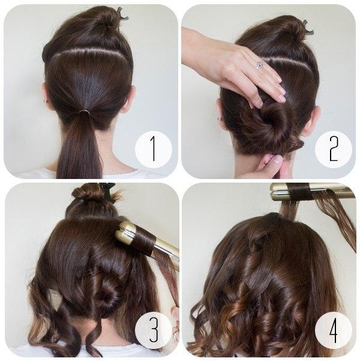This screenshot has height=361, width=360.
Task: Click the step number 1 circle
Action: point(154,149)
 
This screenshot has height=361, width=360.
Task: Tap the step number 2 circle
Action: point(334,149)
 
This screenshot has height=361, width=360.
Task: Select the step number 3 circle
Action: point(154,330)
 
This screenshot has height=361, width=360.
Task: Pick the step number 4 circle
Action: point(334,330)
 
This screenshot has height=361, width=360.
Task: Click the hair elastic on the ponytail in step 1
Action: point(84,112)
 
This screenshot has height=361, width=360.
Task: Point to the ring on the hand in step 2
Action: point(259,65)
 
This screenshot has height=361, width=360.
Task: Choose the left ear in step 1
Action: point(46,95)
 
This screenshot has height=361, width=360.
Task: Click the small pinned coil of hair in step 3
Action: point(108,294)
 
